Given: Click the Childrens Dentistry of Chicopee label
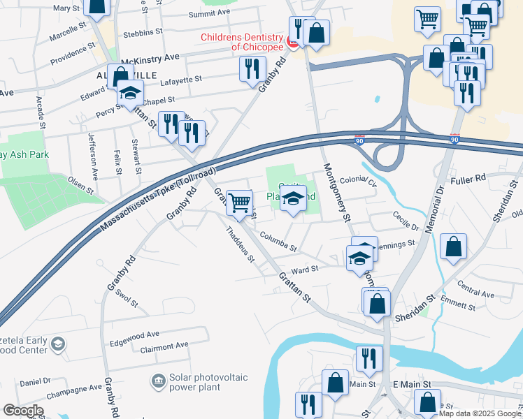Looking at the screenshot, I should (243, 42).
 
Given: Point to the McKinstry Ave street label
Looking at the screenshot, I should (152, 56).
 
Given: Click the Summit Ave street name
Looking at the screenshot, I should (208, 13).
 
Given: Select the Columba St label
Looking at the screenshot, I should (279, 243).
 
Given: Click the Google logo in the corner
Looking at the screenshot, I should (22, 410).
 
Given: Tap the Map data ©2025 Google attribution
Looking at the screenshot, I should (480, 414).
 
